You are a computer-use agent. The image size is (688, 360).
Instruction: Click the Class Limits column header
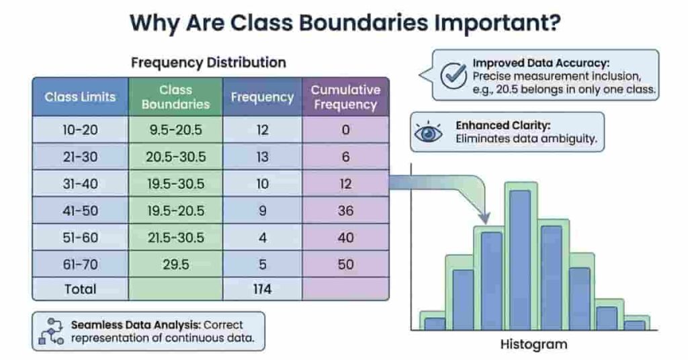pyautogui.click(x=80, y=97)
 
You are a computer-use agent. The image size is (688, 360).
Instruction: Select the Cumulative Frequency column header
pyautogui.click(x=345, y=97)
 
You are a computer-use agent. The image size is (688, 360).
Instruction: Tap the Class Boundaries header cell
pyautogui.click(x=175, y=97)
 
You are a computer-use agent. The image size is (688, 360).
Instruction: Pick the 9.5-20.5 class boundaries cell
pyautogui.click(x=175, y=130)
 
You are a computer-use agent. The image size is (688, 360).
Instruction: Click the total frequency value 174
pyautogui.click(x=262, y=289)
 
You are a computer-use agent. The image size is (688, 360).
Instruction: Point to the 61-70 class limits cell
pyautogui.click(x=80, y=265)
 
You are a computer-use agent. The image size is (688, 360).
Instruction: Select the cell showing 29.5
pyautogui.click(x=175, y=265)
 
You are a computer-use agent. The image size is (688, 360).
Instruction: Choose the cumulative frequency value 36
pyautogui.click(x=345, y=211)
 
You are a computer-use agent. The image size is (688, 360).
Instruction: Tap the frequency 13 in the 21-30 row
pyautogui.click(x=262, y=157)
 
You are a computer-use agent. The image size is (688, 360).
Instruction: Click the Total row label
pyautogui.click(x=80, y=289)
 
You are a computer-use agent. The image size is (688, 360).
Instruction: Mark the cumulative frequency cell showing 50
pyautogui.click(x=345, y=265)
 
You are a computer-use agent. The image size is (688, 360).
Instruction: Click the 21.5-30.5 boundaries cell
pyautogui.click(x=175, y=238)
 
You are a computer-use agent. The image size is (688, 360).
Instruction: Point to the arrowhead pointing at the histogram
pyautogui.click(x=484, y=218)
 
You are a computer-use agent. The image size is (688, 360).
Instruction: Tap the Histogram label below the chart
pyautogui.click(x=533, y=345)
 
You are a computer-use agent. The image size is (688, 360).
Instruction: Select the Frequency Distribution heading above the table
pyautogui.click(x=208, y=62)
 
